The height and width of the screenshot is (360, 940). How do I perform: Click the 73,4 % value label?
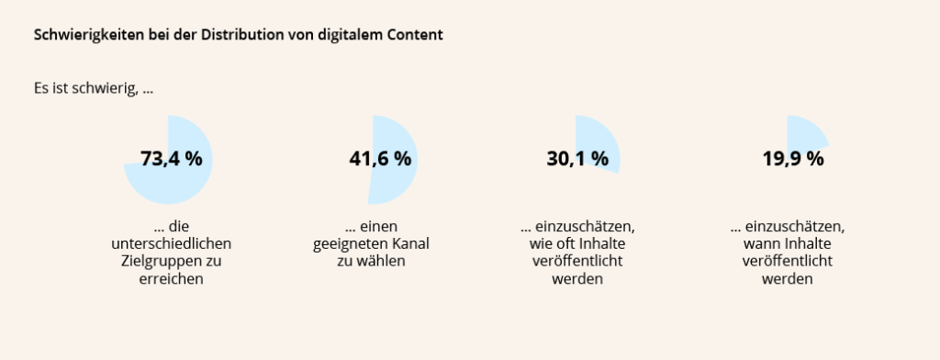(x=171, y=158)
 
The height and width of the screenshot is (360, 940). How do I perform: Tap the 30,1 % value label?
(x=577, y=158)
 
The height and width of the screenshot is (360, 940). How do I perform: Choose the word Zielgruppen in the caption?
(x=151, y=262)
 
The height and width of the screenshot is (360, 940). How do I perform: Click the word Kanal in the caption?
(x=409, y=243)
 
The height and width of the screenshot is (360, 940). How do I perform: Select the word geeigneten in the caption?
(x=351, y=243)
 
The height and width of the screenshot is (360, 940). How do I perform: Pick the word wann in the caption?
(x=760, y=243)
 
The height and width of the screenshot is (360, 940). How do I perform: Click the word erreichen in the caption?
(x=170, y=279)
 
